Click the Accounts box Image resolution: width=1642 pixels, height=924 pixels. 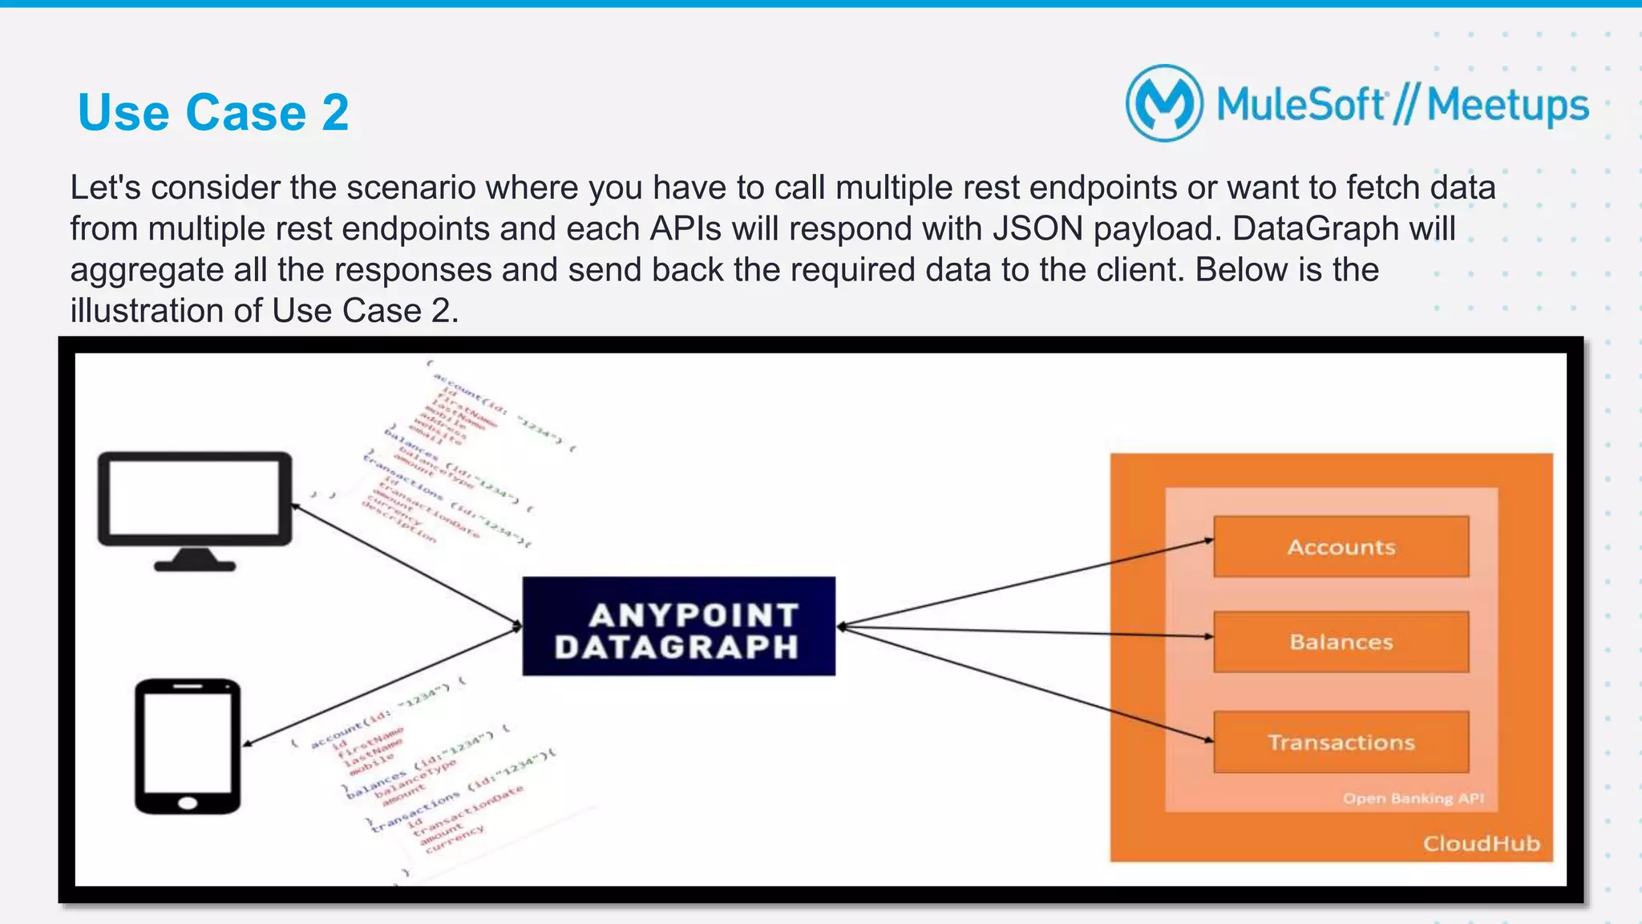point(1341,547)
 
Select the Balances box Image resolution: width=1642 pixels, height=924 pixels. point(1341,642)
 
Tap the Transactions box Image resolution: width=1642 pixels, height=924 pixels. point(1341,742)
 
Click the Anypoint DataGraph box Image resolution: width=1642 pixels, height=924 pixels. point(678,627)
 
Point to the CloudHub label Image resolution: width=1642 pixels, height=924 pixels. point(1481,843)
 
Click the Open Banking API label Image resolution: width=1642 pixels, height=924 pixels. point(1413,798)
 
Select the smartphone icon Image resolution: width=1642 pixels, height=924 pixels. point(188,745)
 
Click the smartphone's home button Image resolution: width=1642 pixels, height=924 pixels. point(188,803)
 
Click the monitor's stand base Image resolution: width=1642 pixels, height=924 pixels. point(195,565)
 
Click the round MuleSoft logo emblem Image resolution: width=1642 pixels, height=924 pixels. point(1164,103)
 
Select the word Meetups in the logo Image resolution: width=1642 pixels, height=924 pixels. point(1507,106)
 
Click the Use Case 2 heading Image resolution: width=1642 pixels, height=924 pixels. point(213,112)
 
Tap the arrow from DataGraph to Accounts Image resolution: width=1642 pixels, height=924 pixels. point(1026,583)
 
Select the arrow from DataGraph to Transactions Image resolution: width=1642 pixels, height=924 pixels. point(1026,684)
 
